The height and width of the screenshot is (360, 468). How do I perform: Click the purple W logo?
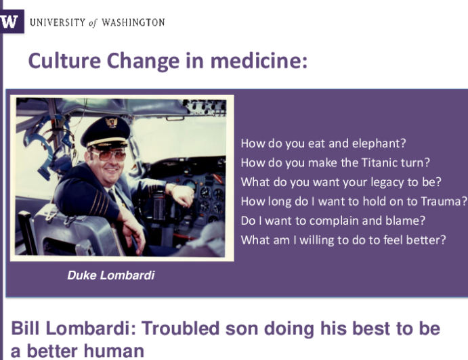click(12, 22)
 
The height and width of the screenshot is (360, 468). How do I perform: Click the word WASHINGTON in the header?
click(133, 22)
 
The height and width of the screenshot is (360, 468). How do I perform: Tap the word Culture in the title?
click(64, 60)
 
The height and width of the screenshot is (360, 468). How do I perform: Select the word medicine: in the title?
click(259, 60)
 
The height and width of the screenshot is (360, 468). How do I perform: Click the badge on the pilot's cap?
click(110, 122)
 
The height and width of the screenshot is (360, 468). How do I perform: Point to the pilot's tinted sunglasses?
click(109, 155)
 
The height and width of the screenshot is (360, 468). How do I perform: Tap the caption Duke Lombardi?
click(111, 275)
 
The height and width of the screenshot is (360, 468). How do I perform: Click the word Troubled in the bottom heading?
click(180, 328)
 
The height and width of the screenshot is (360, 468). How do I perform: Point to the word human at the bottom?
click(115, 351)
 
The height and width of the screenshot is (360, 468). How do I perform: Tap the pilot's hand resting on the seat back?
click(133, 228)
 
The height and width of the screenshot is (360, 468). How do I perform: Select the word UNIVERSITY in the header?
click(58, 22)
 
